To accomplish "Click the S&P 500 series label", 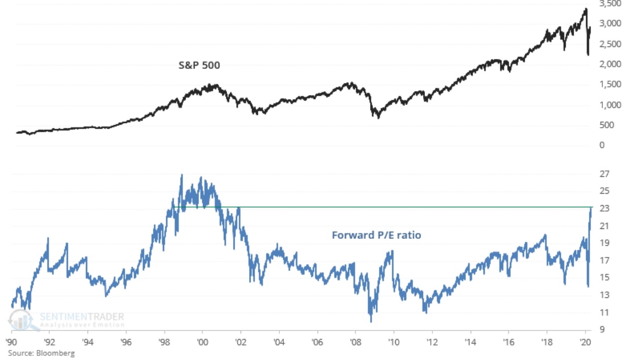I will pos(199,66).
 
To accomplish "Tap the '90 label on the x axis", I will pos(11,341).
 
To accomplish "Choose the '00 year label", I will pos(202,341).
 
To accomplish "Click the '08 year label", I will pos(355,341).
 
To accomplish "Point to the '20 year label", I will pos(584,341).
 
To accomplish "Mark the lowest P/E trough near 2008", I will pos(371,321).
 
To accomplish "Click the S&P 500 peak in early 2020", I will pos(586,9).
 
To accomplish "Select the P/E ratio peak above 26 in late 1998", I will pos(182,175).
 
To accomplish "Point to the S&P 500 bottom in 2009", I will pos(378,117).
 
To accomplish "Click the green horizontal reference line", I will pos(406,207).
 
